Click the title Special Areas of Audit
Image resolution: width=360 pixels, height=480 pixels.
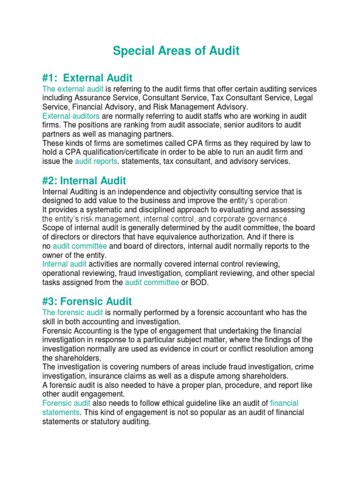(x=176, y=51)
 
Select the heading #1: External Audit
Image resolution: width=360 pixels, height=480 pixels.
(x=87, y=77)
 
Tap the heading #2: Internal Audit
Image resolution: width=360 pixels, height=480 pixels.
(x=84, y=180)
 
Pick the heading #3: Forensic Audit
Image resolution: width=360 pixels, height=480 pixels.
(x=87, y=301)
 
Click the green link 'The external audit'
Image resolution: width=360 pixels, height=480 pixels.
(x=70, y=89)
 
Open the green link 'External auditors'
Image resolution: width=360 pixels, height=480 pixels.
(x=71, y=116)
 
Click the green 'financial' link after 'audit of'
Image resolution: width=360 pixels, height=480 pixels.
(x=284, y=403)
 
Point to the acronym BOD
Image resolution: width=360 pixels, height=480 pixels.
(x=198, y=282)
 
